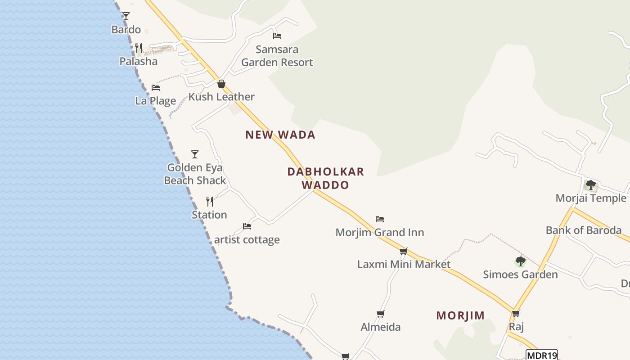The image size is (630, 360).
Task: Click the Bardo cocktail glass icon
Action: (126, 16)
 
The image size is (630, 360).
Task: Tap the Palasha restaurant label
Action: (138, 61)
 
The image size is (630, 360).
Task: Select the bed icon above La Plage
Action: (156, 87)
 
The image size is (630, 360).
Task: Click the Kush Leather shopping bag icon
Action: (221, 84)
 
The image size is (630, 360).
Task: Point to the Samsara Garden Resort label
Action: (277, 56)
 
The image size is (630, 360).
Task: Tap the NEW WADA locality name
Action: (280, 135)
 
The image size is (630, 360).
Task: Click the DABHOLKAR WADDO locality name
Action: (325, 178)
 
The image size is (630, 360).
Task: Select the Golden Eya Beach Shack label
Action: (195, 174)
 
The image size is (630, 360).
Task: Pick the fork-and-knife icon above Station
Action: (210, 201)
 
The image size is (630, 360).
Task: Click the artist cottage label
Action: (247, 239)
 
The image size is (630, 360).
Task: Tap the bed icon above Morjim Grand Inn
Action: (380, 219)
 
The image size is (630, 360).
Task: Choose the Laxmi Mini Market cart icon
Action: (404, 251)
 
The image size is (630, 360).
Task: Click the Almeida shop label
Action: (381, 327)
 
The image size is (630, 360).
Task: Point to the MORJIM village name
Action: (460, 315)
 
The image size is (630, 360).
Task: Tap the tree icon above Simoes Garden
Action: (520, 261)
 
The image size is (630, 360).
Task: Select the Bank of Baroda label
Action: (584, 230)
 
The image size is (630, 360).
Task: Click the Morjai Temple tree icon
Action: (590, 185)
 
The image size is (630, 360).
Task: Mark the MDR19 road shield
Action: (542, 355)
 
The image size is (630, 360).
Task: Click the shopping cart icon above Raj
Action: (516, 313)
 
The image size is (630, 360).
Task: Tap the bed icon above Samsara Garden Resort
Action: (277, 36)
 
